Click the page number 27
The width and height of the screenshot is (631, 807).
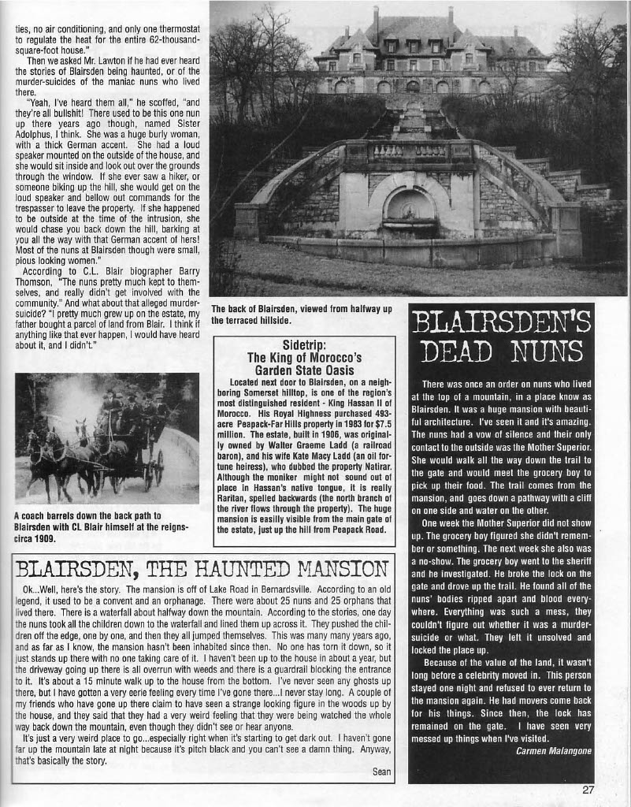(588, 790)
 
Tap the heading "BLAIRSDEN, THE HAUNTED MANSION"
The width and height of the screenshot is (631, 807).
(202, 568)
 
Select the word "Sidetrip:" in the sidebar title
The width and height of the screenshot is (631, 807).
(304, 344)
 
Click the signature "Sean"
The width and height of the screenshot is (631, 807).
(381, 771)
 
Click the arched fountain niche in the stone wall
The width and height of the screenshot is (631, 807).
(409, 210)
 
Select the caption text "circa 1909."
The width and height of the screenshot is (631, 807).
(37, 539)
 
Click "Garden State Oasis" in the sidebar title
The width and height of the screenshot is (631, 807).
(303, 370)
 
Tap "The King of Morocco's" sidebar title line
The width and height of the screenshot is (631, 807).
(304, 357)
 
